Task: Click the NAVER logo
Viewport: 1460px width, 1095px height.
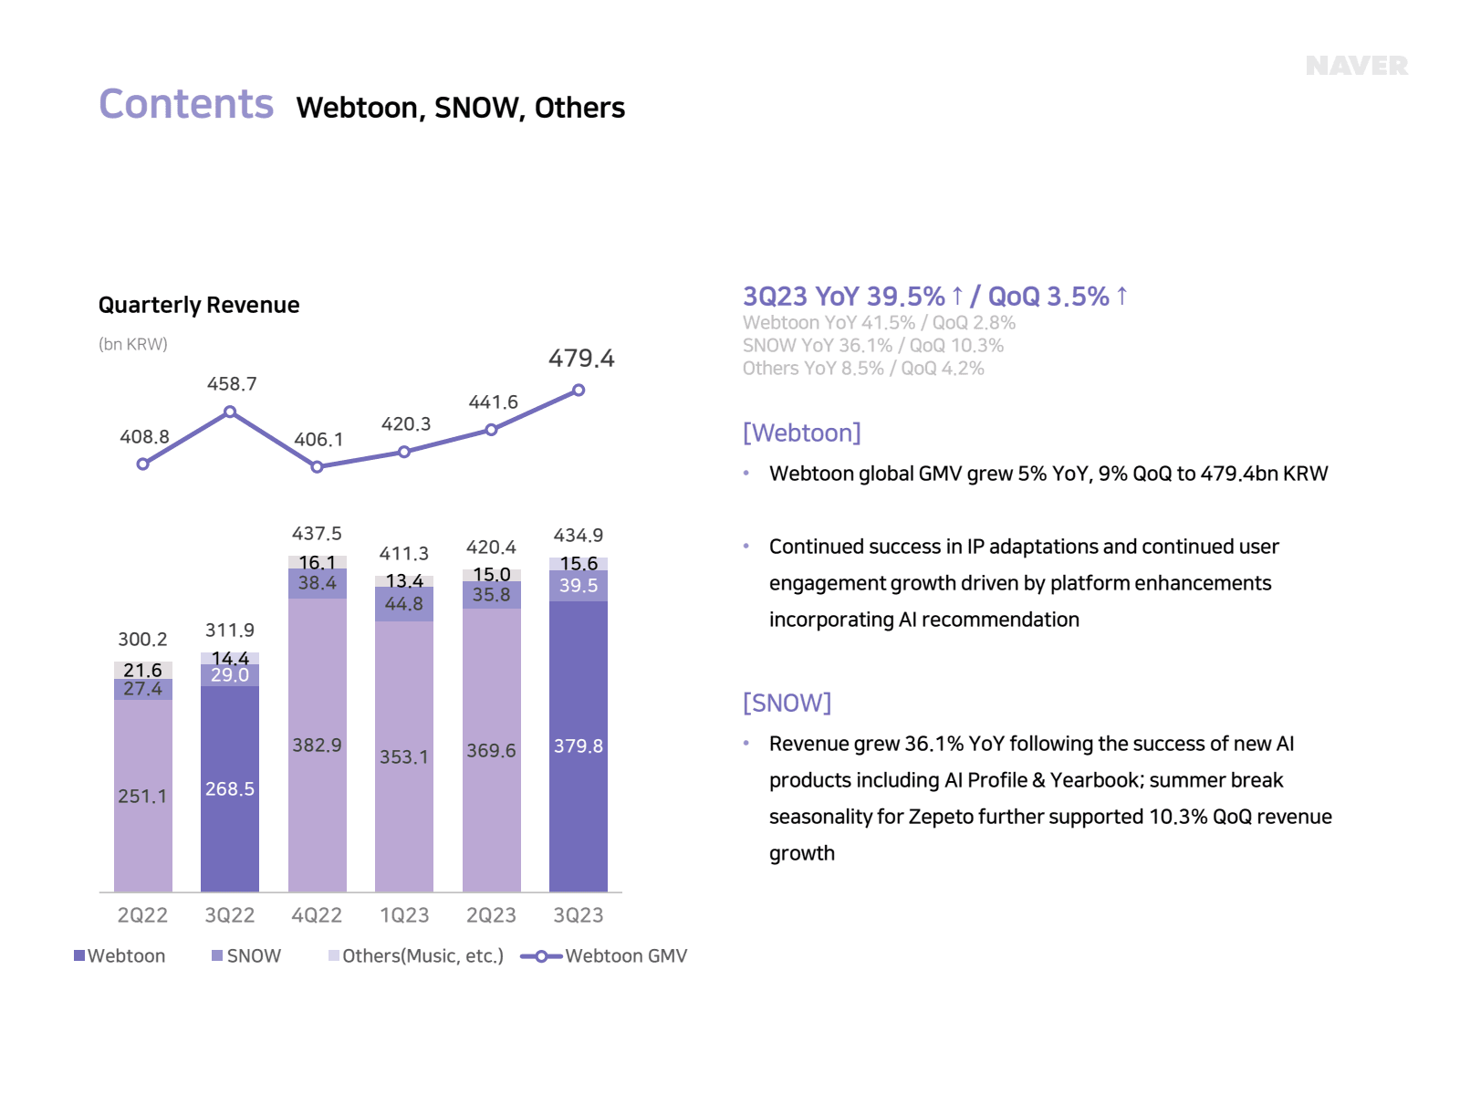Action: [1356, 67]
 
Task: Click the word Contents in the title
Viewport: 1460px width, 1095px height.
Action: [186, 104]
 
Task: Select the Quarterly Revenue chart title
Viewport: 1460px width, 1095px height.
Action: [199, 305]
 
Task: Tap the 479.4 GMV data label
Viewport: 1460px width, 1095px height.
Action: [581, 359]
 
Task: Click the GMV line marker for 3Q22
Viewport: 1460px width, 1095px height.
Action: [230, 412]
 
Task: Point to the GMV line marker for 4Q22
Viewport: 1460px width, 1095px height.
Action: [317, 466]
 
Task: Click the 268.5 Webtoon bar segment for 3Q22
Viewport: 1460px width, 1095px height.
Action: [230, 788]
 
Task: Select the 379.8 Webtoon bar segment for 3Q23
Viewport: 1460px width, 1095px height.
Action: [579, 746]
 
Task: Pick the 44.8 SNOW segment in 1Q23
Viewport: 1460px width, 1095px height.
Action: [404, 604]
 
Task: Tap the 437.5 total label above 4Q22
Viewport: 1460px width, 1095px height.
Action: [317, 534]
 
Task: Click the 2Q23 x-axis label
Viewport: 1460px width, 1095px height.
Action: [491, 915]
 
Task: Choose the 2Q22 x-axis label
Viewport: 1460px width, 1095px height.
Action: [142, 915]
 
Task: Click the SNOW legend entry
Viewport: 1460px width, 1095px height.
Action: [246, 955]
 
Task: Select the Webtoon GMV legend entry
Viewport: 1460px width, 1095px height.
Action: [604, 955]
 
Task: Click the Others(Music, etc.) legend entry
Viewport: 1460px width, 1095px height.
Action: [416, 955]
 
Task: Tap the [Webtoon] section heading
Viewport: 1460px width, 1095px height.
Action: [801, 433]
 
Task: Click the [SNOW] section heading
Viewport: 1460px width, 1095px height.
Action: [787, 703]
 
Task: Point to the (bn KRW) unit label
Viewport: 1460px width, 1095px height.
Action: [133, 344]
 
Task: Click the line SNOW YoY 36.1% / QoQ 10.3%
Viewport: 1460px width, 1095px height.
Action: [872, 346]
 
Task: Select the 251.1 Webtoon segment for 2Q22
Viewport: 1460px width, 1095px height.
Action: [142, 796]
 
